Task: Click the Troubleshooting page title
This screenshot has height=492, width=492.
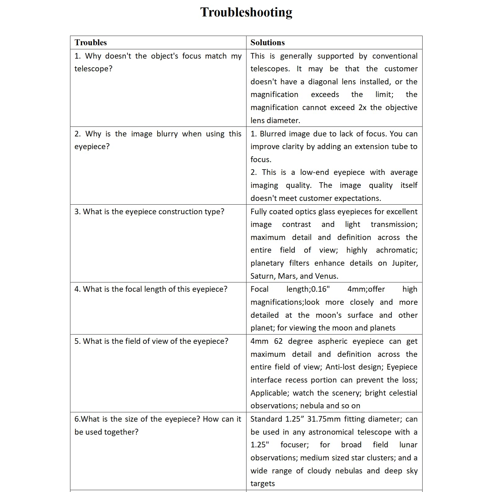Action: [x=246, y=12]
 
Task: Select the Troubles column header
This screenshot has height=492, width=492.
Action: [x=91, y=42]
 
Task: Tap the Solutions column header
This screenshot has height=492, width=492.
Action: [x=267, y=42]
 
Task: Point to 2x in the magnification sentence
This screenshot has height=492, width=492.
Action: [x=362, y=108]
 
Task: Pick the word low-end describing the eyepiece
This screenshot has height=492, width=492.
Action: [x=314, y=172]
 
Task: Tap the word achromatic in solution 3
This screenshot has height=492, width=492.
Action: [x=397, y=250]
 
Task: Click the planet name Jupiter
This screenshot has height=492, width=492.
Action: [x=405, y=263]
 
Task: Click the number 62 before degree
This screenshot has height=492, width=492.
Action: [x=278, y=341]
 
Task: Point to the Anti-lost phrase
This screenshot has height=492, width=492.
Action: [x=339, y=367]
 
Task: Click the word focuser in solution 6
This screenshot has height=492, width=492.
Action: [x=295, y=445]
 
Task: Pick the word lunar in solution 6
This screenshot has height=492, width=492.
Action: [x=408, y=445]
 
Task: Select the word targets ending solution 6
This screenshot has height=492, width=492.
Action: [x=263, y=484]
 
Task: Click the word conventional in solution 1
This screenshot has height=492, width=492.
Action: [x=395, y=56]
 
